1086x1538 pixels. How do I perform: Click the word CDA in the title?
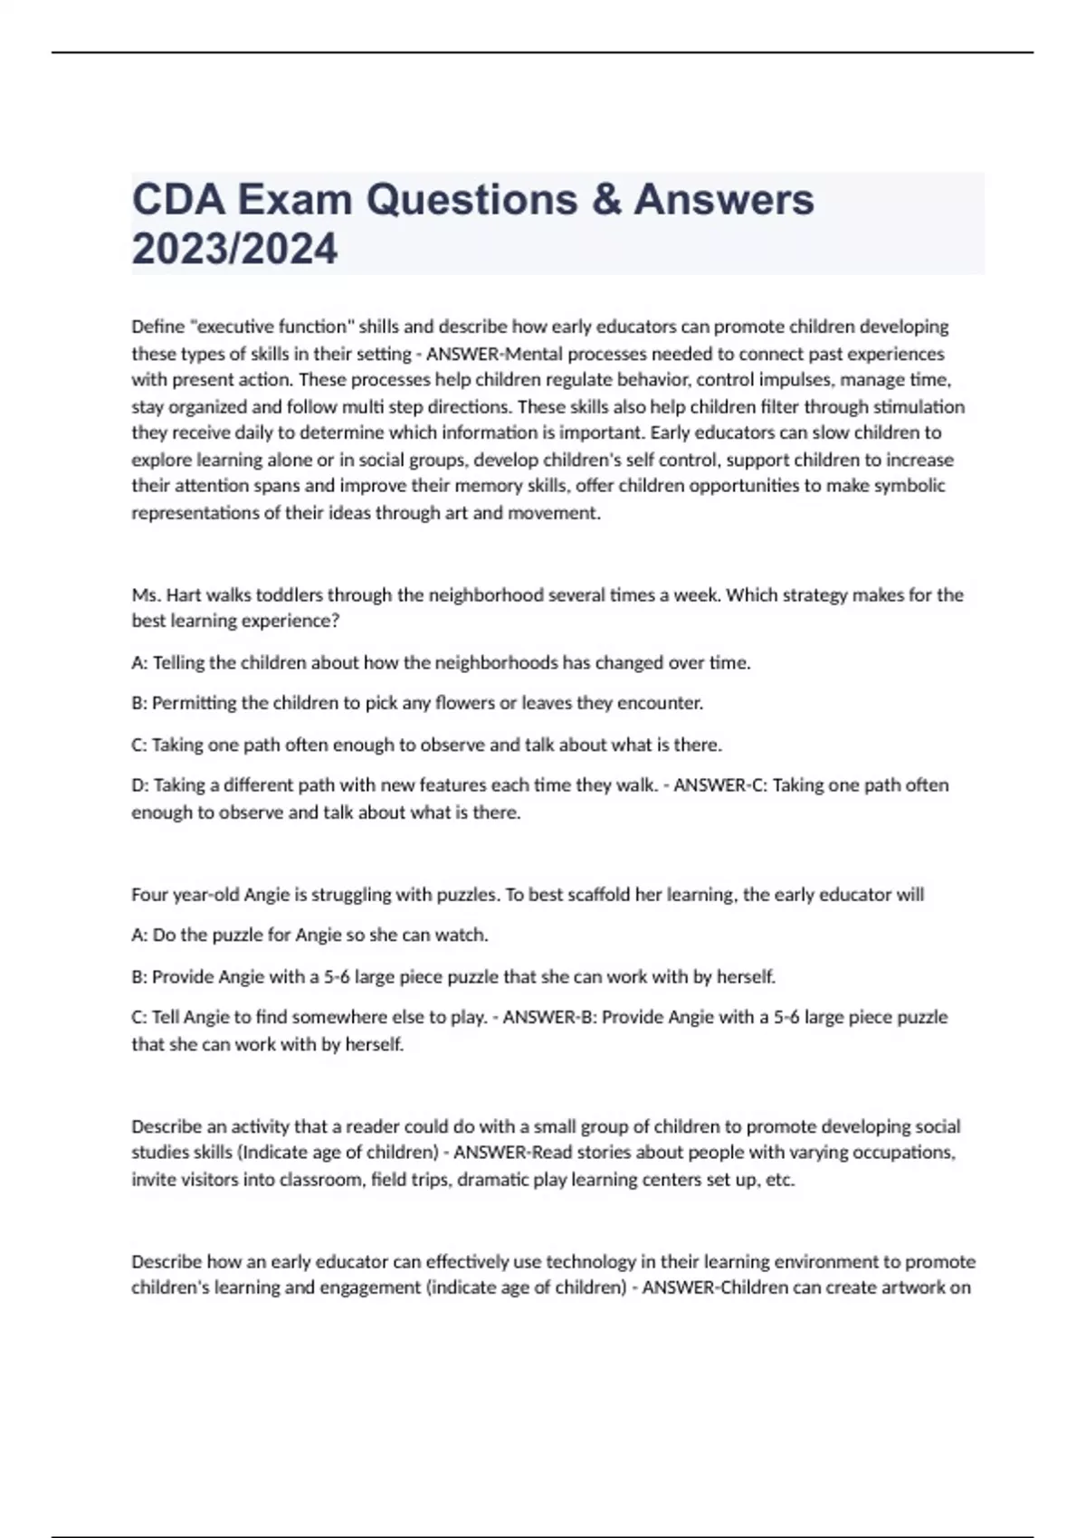point(177,200)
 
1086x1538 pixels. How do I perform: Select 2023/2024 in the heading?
point(234,249)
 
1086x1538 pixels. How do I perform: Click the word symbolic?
point(909,486)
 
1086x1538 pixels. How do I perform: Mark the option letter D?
point(140,785)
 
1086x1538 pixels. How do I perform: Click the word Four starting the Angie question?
point(149,895)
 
